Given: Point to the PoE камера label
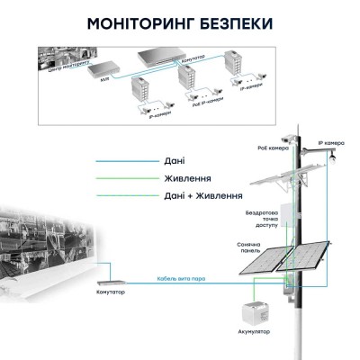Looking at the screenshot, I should pos(274,148).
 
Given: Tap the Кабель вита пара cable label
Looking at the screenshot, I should pos(179,278).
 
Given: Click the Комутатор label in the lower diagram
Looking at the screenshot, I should pos(110,293).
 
